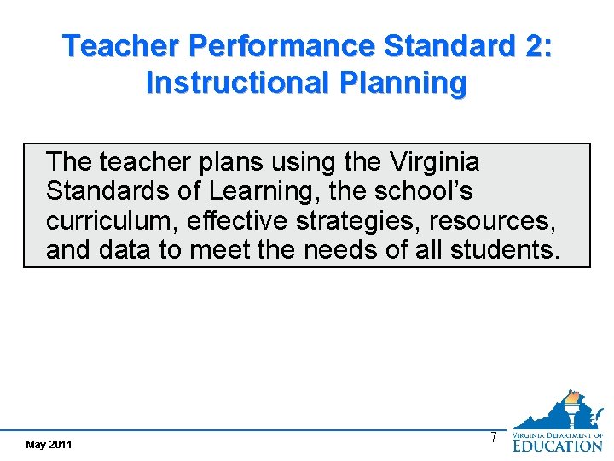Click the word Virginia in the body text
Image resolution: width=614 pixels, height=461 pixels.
pos(434,161)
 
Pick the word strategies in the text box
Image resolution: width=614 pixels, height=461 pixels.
pos(358,221)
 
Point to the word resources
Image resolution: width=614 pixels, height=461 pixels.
pos(492,221)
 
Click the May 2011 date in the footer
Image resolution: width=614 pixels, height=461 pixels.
pos(49,445)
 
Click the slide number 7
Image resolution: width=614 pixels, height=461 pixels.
pos(493,438)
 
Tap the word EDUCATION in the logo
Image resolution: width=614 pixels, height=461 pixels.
pos(557,446)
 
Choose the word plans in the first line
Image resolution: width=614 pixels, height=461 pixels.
pos(197,161)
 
